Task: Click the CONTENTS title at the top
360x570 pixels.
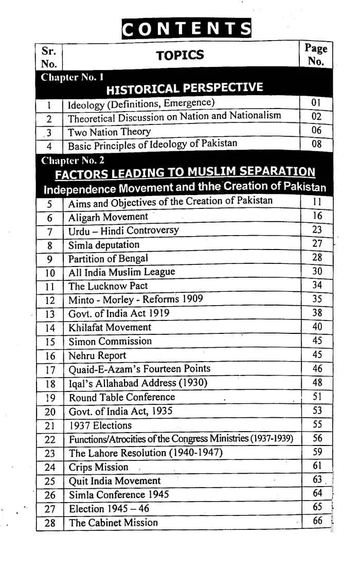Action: (x=186, y=29)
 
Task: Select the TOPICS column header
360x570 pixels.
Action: (x=180, y=56)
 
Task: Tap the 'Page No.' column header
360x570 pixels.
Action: (x=316, y=55)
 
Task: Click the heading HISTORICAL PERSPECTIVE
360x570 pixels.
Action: (x=184, y=89)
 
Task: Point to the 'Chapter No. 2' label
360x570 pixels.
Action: (x=73, y=160)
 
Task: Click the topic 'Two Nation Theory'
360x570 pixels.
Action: (x=110, y=132)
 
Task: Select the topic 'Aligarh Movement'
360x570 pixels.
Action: (x=108, y=217)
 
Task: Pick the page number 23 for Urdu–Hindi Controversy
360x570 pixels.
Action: (x=317, y=230)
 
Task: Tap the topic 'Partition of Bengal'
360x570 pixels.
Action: (x=108, y=258)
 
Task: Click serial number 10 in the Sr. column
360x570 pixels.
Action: (x=50, y=273)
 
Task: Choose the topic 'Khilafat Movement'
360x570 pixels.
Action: (x=110, y=327)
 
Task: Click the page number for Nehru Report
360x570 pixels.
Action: (x=317, y=355)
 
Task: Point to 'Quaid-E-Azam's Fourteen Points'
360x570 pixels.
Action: (x=139, y=369)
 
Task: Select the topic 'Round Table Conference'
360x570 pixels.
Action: (x=122, y=397)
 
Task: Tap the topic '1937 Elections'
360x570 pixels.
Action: (x=100, y=425)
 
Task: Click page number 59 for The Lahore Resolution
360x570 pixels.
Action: (x=317, y=452)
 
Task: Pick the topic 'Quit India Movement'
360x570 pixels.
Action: (x=115, y=481)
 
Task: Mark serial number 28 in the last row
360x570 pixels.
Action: (x=50, y=523)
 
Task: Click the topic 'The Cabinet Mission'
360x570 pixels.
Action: (x=113, y=523)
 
